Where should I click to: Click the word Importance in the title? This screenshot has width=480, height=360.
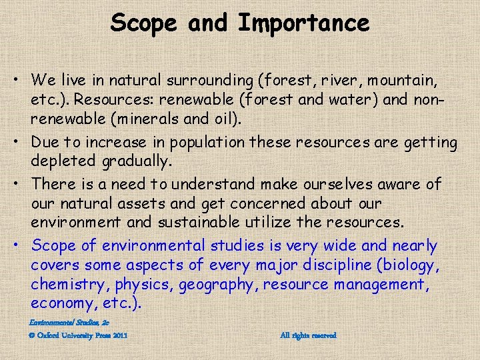click(303, 23)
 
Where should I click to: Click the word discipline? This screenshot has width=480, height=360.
click(334, 265)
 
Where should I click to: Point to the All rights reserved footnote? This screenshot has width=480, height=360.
click(308, 335)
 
